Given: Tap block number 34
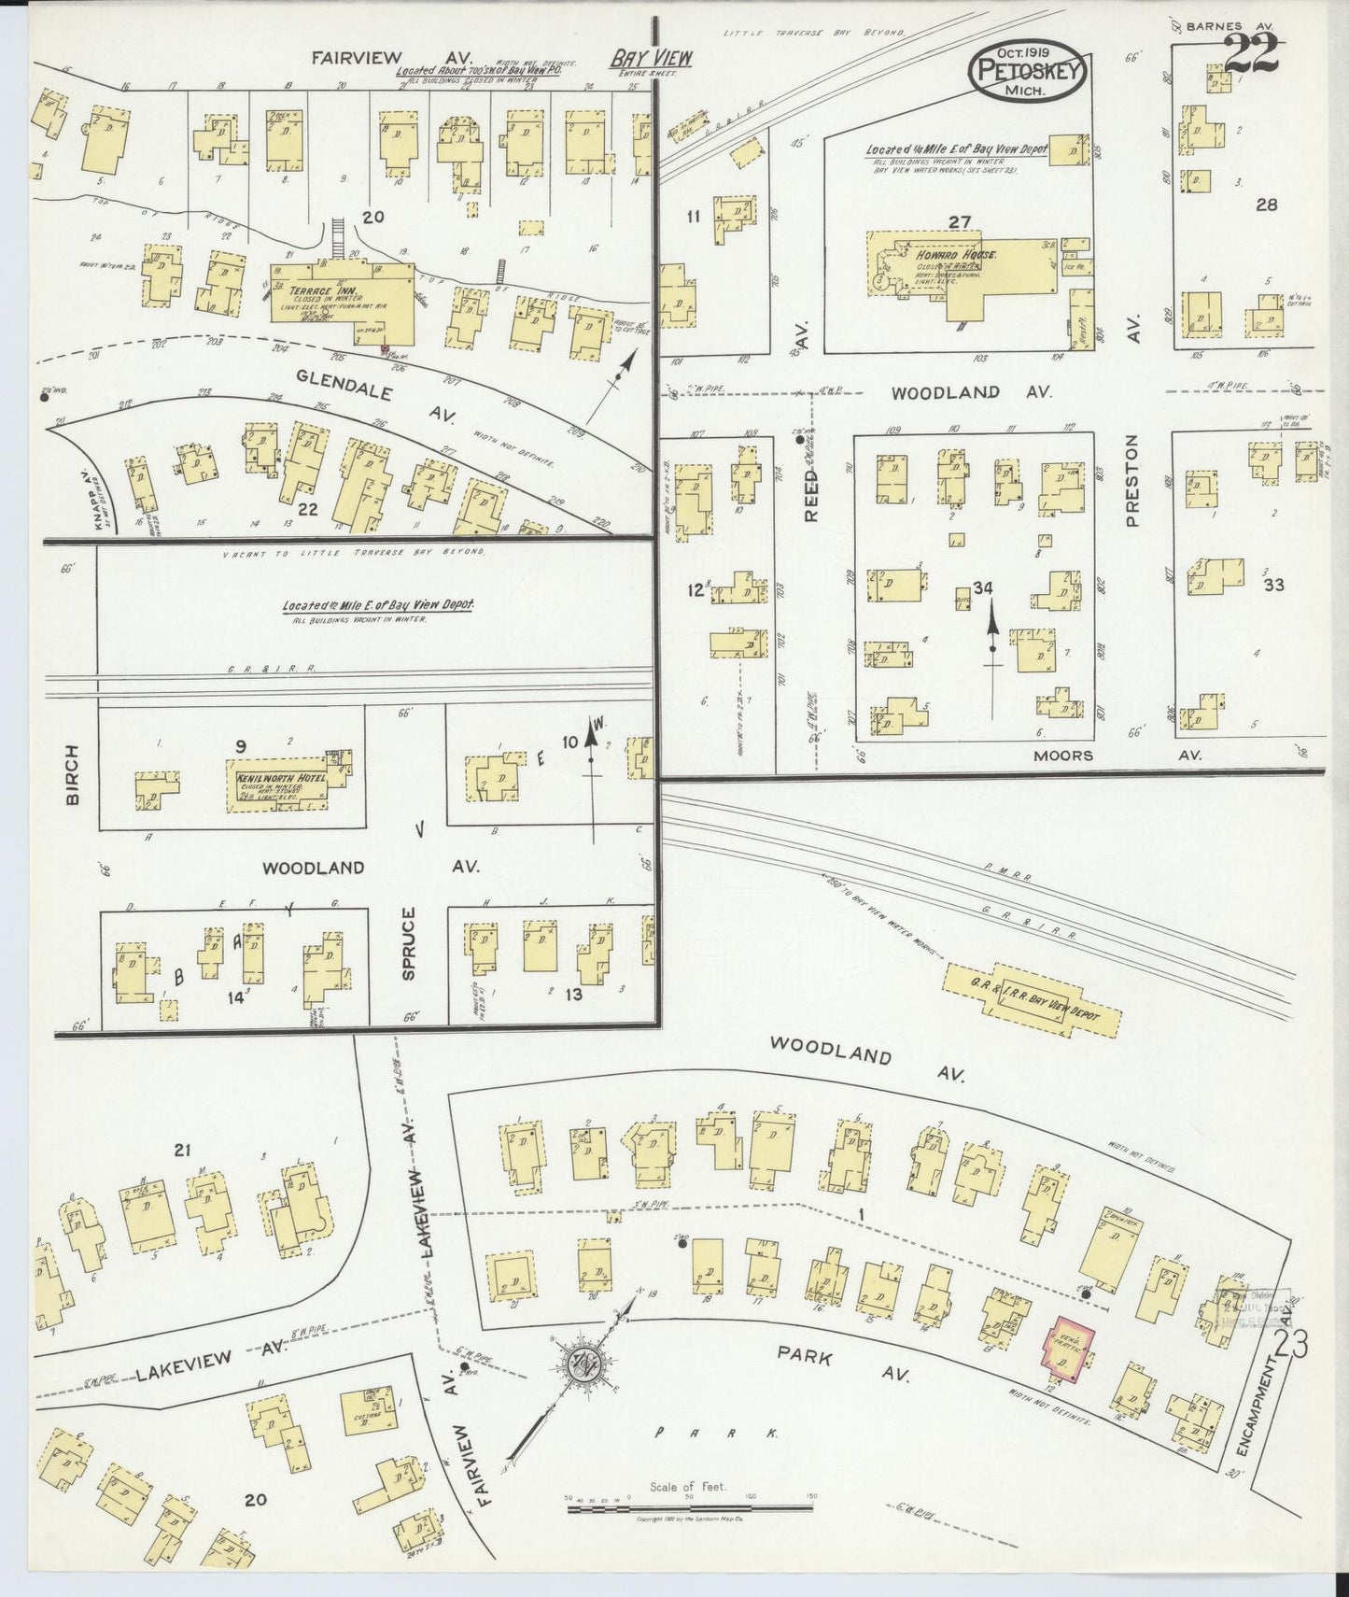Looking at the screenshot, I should (982, 587).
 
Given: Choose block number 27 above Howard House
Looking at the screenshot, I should (961, 221).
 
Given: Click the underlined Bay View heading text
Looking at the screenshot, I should (652, 58).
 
